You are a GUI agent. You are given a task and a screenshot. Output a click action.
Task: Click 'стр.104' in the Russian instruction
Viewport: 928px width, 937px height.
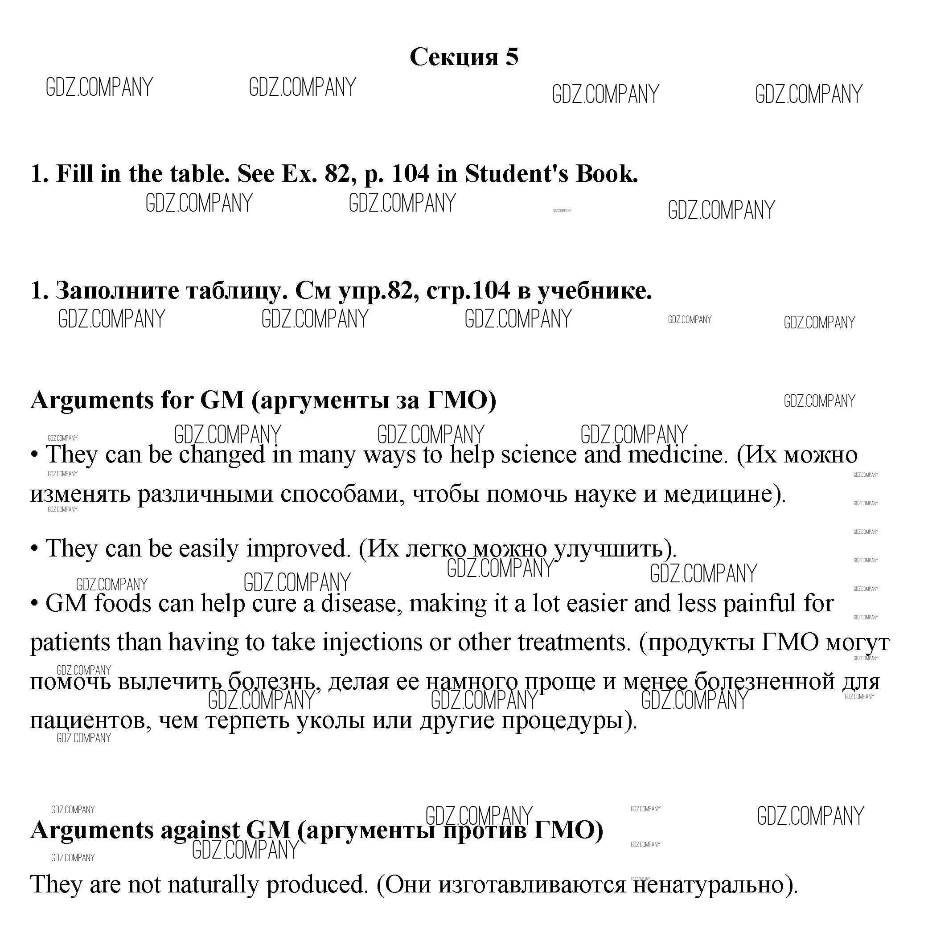tap(468, 291)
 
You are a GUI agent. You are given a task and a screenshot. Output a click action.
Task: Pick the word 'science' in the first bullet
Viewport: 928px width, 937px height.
tap(538, 455)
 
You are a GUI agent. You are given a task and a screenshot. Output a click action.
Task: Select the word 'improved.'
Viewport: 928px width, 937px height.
tap(298, 548)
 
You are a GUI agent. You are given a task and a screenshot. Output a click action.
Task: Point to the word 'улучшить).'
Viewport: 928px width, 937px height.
tap(615, 548)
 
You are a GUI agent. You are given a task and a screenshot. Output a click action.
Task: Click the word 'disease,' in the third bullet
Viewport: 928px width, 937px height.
tap(361, 603)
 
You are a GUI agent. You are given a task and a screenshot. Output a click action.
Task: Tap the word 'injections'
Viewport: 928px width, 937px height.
tap(372, 642)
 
